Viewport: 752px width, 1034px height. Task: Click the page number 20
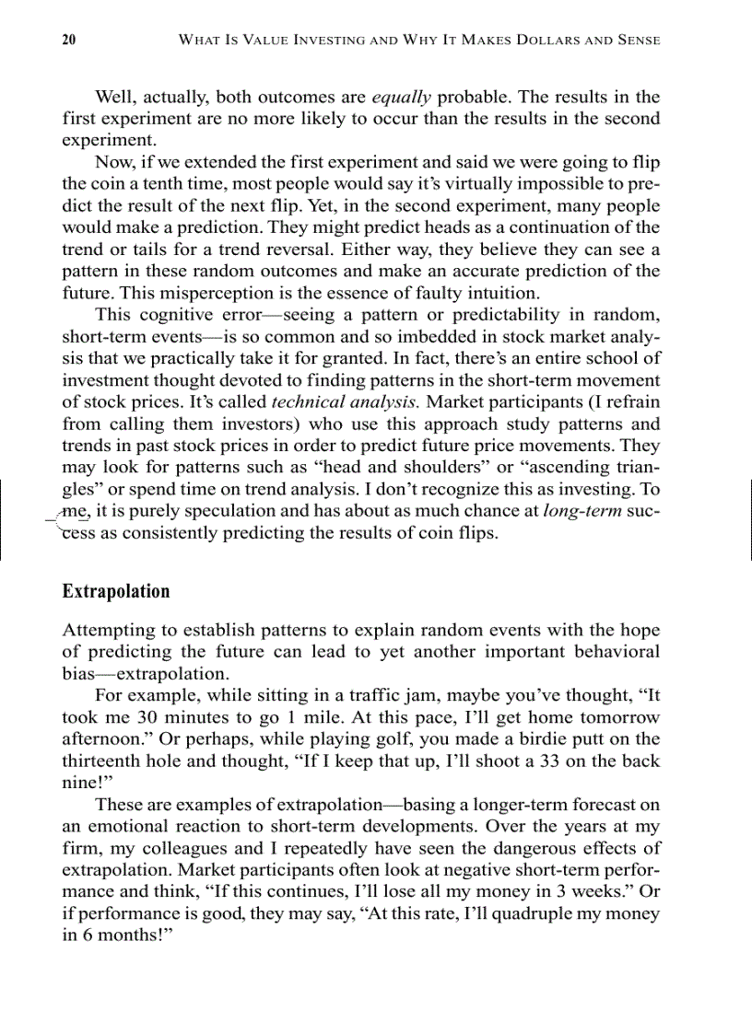(x=69, y=40)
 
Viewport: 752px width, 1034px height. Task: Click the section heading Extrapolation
(x=116, y=591)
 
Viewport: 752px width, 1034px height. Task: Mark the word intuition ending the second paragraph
(x=506, y=293)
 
